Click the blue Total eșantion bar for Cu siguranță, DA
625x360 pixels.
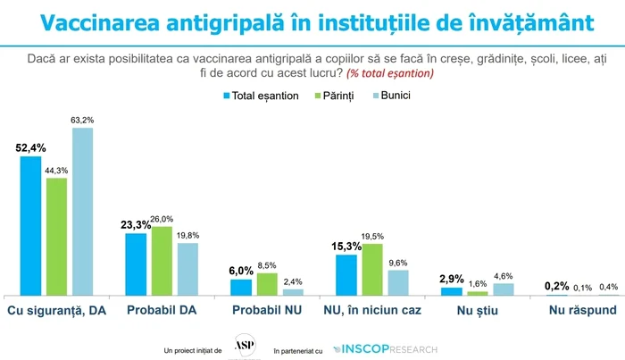[x=31, y=226]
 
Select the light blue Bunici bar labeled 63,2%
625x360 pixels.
[x=82, y=212]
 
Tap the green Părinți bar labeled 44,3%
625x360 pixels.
[x=56, y=237]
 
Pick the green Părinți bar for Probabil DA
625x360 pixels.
[x=162, y=261]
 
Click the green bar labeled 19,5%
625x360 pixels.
[x=372, y=269]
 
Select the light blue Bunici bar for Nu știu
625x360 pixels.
[x=504, y=289]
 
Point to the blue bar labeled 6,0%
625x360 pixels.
[x=241, y=287]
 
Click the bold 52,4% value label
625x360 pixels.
[x=31, y=148]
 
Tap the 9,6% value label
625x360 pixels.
[x=398, y=263]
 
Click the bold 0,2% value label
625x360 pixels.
[x=557, y=286]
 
